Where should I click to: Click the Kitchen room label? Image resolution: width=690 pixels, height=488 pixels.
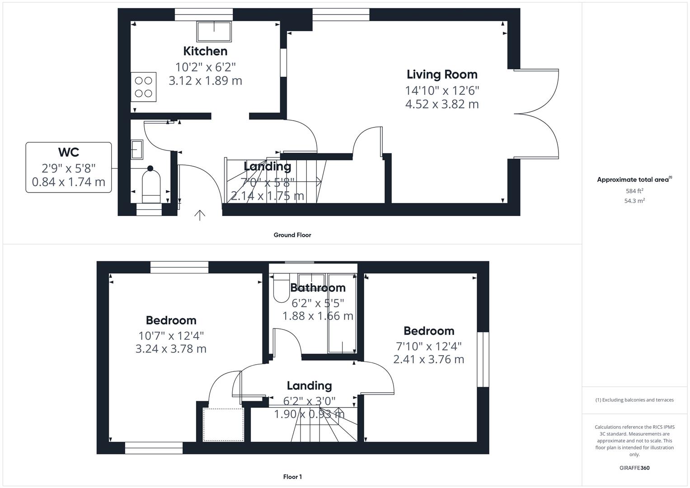point(205,51)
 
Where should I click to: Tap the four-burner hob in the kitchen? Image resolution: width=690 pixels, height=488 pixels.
point(143,87)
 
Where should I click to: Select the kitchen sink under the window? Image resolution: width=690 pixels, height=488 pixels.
point(214,31)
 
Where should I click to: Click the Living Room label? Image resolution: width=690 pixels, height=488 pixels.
point(441,75)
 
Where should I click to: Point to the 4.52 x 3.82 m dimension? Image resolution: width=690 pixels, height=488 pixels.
point(441,104)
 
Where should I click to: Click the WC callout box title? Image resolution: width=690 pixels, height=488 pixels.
point(68,152)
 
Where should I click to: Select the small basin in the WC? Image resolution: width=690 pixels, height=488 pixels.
point(137,150)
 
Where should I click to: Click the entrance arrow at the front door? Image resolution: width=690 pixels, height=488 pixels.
point(200,215)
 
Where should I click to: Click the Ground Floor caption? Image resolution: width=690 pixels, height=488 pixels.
point(292,235)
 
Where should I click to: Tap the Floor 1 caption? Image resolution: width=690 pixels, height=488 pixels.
point(292,477)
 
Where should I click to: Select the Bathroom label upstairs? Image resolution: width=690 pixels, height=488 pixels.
point(318,288)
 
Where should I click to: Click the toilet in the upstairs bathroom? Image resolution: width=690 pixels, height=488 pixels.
point(282,288)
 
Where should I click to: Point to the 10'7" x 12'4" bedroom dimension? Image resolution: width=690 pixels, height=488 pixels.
point(171,336)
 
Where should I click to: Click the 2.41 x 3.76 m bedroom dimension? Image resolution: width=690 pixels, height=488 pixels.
point(428,360)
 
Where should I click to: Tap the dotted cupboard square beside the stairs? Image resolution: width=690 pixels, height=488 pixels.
point(223,424)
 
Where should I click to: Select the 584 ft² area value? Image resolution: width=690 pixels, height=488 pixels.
point(634,191)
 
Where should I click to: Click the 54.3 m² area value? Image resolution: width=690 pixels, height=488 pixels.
point(634,201)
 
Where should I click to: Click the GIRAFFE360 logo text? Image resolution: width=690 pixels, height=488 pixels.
point(634,468)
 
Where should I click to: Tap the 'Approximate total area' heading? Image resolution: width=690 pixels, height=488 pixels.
point(633,180)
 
